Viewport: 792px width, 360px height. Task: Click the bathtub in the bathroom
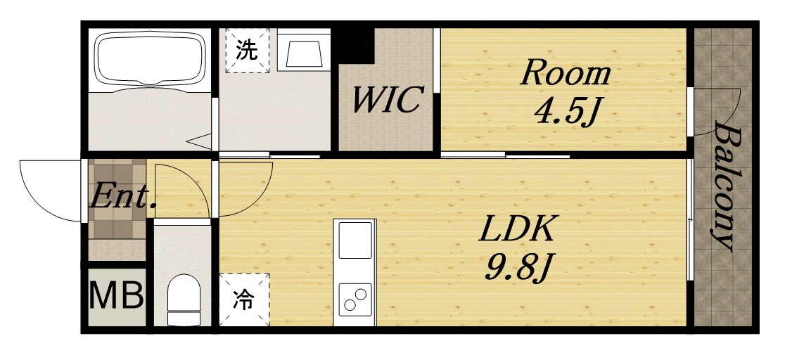[149, 59]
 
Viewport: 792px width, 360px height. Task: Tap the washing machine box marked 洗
[247, 50]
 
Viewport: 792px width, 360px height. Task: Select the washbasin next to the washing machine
[302, 51]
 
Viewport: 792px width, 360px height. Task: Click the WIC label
[386, 101]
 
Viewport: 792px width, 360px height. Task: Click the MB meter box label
[116, 296]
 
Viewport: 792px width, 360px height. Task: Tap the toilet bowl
[184, 298]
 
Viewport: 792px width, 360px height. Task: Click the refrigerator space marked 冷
[243, 300]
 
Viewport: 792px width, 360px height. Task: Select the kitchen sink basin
[355, 240]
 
